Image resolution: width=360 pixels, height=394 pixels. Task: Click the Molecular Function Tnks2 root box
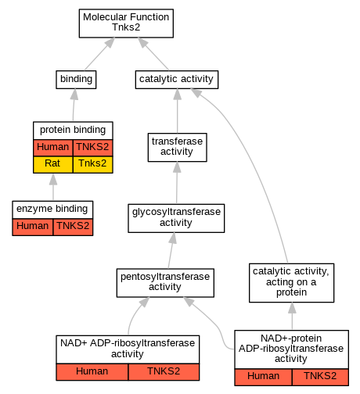pos(126,23)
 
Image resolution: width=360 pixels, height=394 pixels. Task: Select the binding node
pos(76,80)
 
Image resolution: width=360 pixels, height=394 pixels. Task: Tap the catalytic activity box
pos(177,80)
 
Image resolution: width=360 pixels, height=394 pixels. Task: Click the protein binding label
pos(73,130)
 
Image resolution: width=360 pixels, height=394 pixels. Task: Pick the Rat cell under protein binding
pos(53,164)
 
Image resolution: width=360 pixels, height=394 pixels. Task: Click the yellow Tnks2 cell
pos(93,164)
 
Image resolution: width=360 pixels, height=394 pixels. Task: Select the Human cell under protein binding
pos(53,148)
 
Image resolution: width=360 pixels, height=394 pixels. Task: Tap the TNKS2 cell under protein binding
pos(93,148)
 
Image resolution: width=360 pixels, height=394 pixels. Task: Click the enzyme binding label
pos(52,209)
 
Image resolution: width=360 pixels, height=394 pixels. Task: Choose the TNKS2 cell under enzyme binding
pos(73,227)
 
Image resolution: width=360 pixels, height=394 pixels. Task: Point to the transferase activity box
pos(178,147)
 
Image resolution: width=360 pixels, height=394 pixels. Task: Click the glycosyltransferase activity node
pos(176,218)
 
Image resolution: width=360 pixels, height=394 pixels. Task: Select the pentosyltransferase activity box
pos(165,283)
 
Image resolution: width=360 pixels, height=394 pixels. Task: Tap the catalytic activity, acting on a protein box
pos(292,283)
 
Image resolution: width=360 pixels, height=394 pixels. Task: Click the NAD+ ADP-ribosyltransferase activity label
pos(128,349)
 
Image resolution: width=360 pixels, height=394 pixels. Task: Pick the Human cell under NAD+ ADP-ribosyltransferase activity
pos(92,372)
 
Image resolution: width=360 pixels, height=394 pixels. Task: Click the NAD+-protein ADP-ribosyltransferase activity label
pos(291,349)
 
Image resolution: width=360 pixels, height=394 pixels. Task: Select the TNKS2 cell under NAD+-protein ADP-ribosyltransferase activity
pos(320,377)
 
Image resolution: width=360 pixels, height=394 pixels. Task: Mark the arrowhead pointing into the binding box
pos(74,94)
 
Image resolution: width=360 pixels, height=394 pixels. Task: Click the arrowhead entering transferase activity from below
pos(177,167)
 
